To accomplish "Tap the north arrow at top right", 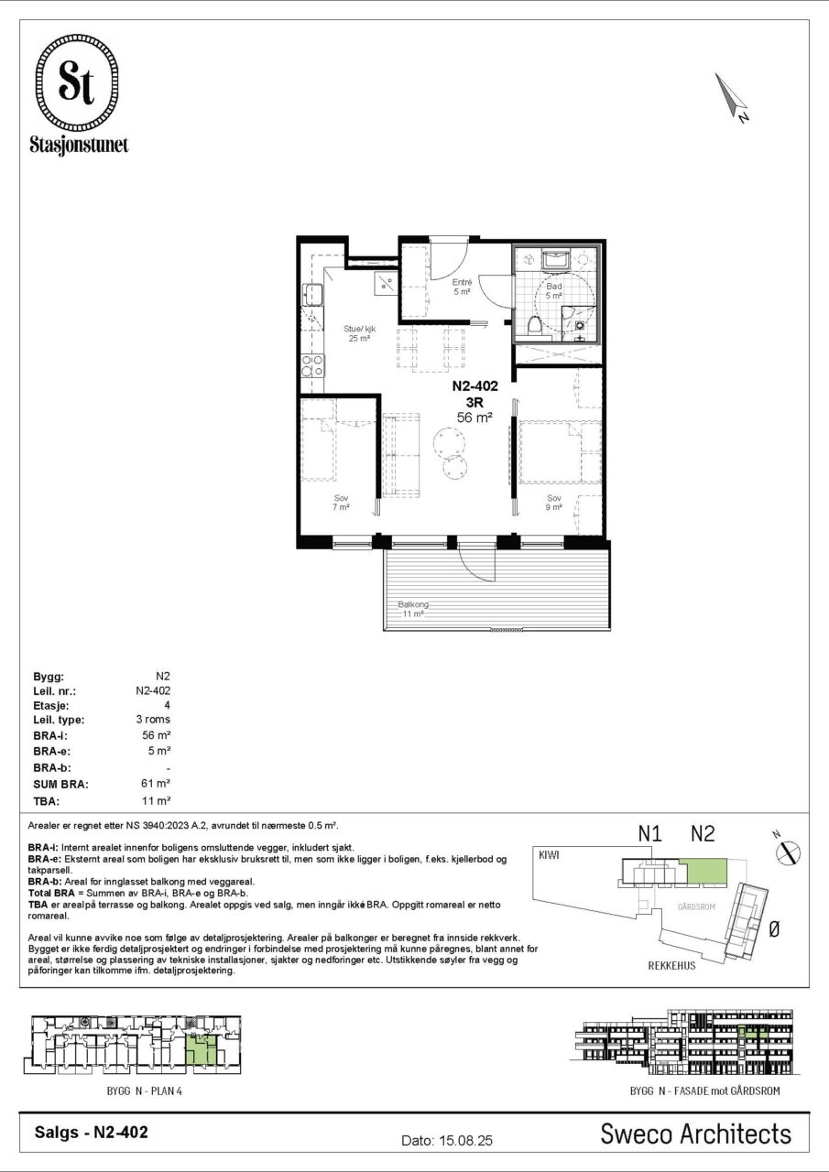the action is point(731,97).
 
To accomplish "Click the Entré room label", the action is point(462,283).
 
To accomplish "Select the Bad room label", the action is point(553,287).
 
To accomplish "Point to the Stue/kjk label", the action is point(360,329).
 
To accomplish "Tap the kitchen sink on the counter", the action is point(313,294).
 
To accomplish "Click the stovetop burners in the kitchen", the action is point(312,365).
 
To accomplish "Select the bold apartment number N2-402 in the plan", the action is point(474,386).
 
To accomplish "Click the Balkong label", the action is point(413,604).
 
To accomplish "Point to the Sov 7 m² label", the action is point(341,503).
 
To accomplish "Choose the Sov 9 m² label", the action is point(553,503).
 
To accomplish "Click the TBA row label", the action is point(46,801).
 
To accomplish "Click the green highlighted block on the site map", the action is point(706,871).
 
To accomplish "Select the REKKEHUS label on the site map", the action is point(672,966).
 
